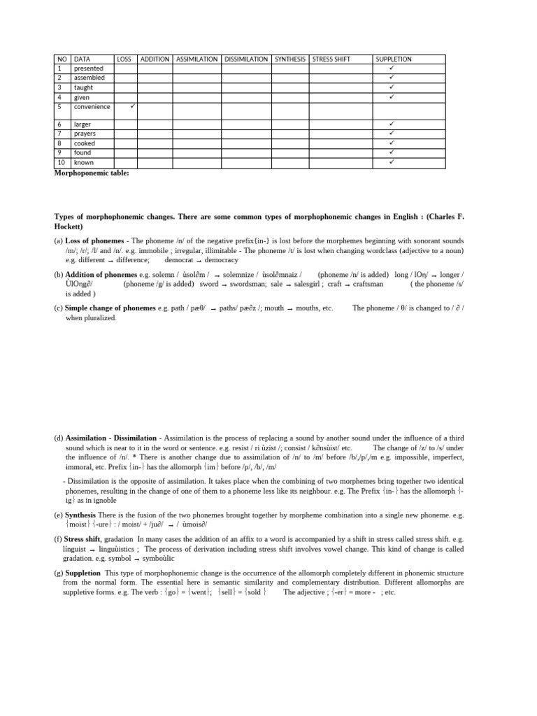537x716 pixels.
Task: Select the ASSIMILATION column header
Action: [197, 59]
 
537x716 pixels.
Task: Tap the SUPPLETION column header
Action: [394, 59]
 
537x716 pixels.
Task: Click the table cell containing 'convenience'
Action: [92, 107]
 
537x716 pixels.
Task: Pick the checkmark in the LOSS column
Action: [133, 106]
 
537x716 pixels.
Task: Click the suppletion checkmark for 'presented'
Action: [392, 69]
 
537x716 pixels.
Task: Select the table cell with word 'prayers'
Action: [85, 134]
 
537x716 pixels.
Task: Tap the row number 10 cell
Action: [61, 162]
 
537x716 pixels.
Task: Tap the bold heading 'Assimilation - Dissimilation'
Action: [111, 438]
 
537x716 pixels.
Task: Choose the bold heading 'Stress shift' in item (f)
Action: [83, 539]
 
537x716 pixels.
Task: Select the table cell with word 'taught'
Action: [83, 88]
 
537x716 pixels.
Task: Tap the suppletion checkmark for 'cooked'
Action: [392, 143]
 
